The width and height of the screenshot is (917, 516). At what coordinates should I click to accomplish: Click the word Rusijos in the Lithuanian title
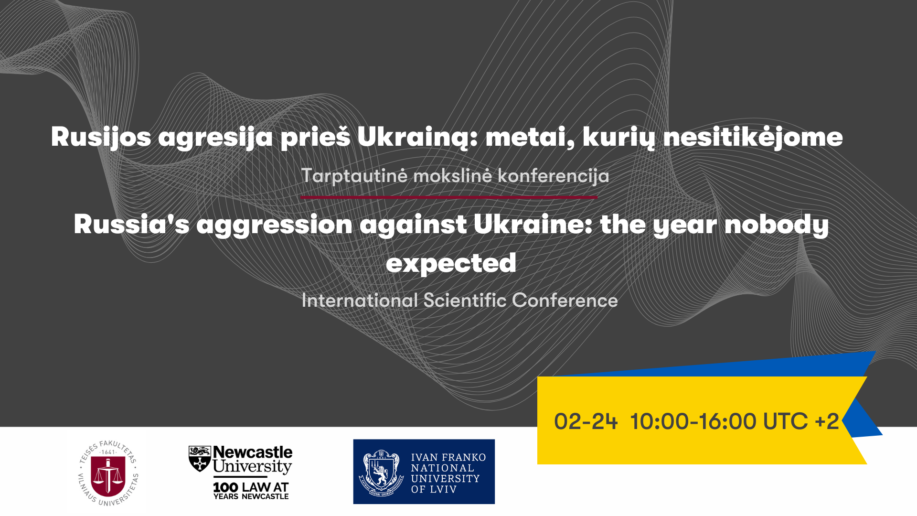click(101, 137)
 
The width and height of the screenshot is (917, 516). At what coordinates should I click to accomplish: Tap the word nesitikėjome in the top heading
click(753, 137)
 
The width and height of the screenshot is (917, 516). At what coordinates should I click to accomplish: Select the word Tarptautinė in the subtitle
click(354, 176)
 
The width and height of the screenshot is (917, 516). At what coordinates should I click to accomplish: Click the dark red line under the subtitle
click(449, 197)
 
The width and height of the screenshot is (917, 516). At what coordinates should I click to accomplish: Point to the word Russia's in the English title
click(131, 224)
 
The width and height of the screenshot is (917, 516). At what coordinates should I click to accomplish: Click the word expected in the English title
click(451, 263)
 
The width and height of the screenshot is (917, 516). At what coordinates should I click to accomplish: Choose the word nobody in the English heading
click(777, 225)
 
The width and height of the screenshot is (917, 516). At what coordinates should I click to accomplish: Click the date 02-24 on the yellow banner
click(586, 421)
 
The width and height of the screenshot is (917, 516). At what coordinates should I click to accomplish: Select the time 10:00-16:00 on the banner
click(693, 421)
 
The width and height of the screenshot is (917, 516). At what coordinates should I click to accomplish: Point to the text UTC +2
click(801, 421)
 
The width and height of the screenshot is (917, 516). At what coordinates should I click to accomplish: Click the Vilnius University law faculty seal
click(108, 473)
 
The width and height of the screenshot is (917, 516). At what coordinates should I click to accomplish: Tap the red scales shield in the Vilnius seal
click(108, 476)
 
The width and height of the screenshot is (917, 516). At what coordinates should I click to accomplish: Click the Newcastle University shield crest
click(200, 459)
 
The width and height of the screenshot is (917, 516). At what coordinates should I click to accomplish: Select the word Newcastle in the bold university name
click(253, 452)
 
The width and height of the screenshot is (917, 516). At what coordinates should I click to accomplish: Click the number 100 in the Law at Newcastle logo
click(225, 487)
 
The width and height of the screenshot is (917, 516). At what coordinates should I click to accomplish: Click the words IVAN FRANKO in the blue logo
click(448, 458)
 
